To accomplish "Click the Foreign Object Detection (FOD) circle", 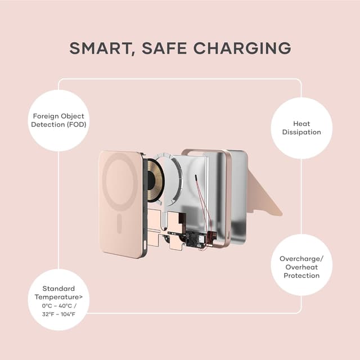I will (x=58, y=120).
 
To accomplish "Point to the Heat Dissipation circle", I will (x=301, y=128).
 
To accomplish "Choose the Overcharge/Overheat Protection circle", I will (x=301, y=265).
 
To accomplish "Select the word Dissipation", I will (x=301, y=132).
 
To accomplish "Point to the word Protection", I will (x=301, y=276).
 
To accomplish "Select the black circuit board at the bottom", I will (x=197, y=239).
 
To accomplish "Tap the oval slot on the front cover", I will (x=119, y=223).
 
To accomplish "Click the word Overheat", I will (x=301, y=267).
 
